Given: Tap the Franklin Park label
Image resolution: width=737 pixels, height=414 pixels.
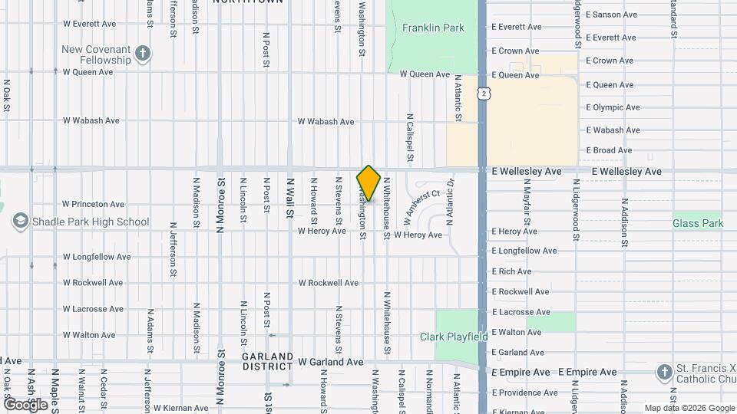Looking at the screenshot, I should [x=433, y=28].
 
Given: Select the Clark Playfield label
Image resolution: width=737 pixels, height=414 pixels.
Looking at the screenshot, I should [x=454, y=337].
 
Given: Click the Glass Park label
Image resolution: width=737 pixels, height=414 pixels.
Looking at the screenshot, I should [x=698, y=224].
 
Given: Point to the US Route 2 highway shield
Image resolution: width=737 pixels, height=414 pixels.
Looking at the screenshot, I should [x=483, y=93].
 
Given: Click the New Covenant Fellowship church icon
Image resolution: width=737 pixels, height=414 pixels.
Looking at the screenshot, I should [x=142, y=54].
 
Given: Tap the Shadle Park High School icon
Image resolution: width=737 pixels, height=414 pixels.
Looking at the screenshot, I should [x=20, y=222].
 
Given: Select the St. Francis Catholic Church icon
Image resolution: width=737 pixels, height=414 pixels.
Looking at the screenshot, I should [x=665, y=373].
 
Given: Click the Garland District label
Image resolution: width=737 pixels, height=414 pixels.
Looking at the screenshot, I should [x=267, y=361].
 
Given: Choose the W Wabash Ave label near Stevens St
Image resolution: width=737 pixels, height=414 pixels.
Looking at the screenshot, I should [x=326, y=122].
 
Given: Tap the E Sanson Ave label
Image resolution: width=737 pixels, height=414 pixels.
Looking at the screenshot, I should [x=611, y=15].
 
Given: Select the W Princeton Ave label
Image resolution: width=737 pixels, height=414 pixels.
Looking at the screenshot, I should [x=93, y=205].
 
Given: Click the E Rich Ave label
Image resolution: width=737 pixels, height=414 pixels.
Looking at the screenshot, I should [x=511, y=271].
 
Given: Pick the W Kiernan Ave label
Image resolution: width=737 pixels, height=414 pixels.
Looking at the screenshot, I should [x=180, y=409].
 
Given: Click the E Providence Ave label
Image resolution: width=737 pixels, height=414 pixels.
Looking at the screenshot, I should [x=525, y=393].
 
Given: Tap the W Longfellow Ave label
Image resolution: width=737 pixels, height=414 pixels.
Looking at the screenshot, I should [x=97, y=257].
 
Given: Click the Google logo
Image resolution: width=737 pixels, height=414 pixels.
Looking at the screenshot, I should [x=25, y=403].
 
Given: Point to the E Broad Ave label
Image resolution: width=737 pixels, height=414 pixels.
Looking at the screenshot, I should [x=609, y=150].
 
